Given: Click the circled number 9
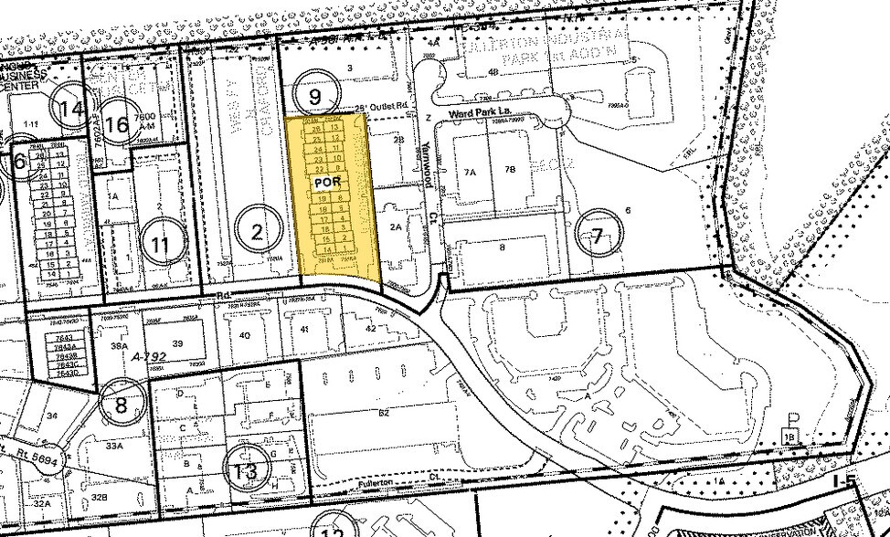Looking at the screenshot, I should (x=315, y=95).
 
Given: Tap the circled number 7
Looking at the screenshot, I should (x=597, y=237).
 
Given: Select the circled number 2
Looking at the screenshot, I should (x=257, y=232).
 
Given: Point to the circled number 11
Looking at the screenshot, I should (x=162, y=244).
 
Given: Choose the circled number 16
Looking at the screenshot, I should (x=117, y=125).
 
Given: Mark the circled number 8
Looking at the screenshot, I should (x=121, y=405).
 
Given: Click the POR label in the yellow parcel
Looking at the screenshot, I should (x=327, y=181).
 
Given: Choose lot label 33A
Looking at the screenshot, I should (x=114, y=447).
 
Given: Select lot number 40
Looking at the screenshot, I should (x=244, y=335).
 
